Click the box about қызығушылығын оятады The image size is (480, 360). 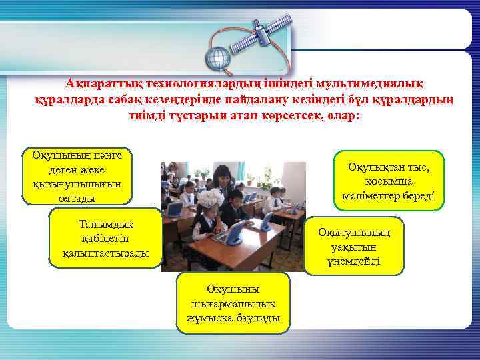(x=77, y=176)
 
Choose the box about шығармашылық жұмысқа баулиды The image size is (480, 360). (x=234, y=303)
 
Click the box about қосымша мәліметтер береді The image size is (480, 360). (x=398, y=181)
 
